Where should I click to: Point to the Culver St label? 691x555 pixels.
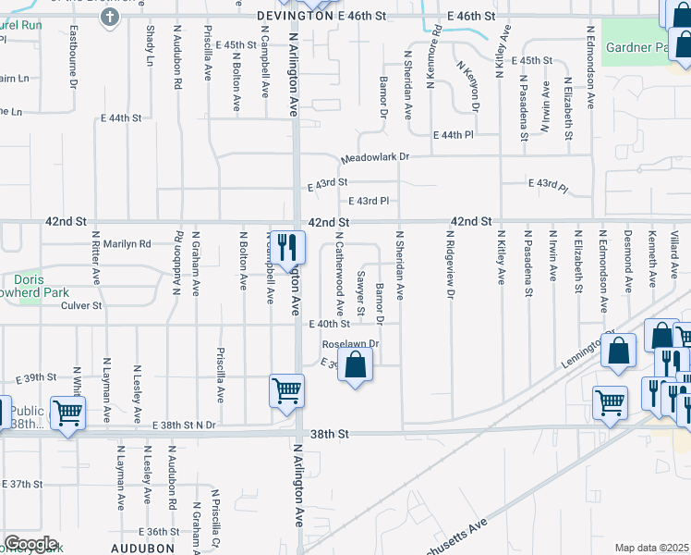click(82, 304)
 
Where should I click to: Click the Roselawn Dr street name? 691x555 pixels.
click(350, 344)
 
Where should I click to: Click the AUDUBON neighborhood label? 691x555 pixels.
click(143, 548)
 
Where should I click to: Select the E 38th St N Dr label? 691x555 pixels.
click(184, 425)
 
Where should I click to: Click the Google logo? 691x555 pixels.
click(30, 544)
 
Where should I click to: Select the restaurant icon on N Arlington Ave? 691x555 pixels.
click(287, 246)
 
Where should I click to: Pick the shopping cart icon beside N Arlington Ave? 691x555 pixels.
click(286, 390)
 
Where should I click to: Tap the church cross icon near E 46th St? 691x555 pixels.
click(109, 18)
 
